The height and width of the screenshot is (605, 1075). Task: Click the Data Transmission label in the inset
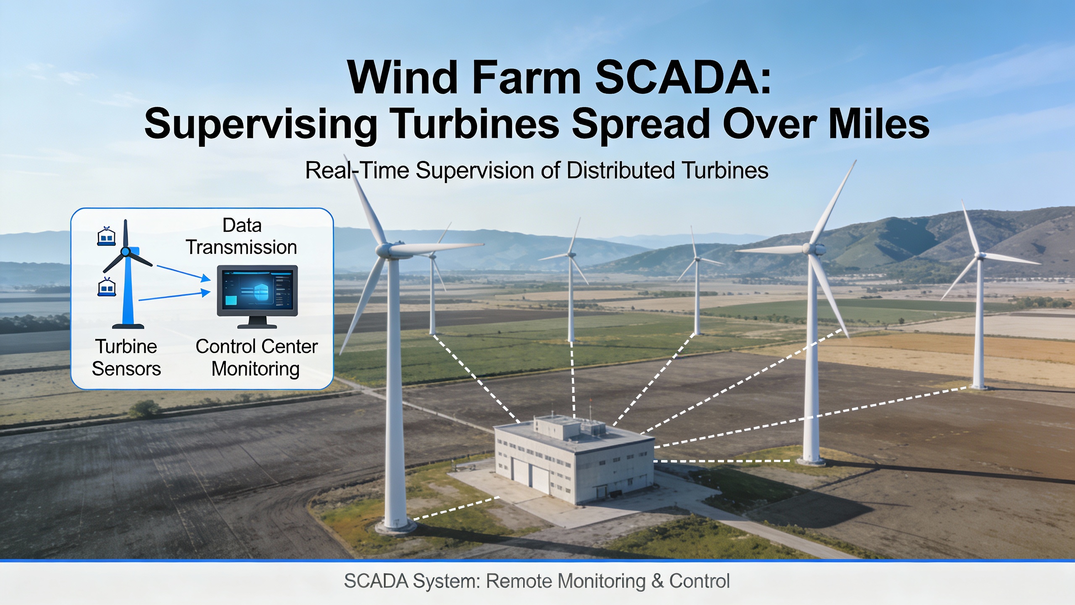click(241, 236)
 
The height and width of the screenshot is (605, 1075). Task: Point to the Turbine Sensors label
click(126, 358)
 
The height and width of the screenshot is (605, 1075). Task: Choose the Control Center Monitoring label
click(257, 358)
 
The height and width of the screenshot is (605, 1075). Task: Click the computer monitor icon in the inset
click(257, 297)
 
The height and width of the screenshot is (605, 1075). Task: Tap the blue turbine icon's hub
click(125, 252)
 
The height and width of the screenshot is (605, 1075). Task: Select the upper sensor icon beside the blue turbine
click(106, 236)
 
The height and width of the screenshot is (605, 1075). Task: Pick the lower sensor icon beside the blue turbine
click(107, 287)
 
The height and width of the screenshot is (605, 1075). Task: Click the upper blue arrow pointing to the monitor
click(184, 273)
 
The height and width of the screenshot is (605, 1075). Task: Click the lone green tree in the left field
click(144, 408)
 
